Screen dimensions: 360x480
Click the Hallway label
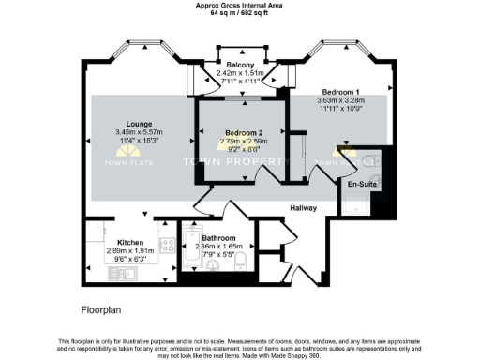(x=302, y=207)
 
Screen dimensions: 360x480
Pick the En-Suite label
(x=361, y=185)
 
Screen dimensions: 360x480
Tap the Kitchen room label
(x=130, y=242)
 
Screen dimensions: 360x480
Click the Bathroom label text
(x=218, y=238)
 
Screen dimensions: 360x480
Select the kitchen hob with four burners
(x=168, y=246)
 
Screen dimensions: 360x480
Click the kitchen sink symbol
(x=125, y=273)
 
